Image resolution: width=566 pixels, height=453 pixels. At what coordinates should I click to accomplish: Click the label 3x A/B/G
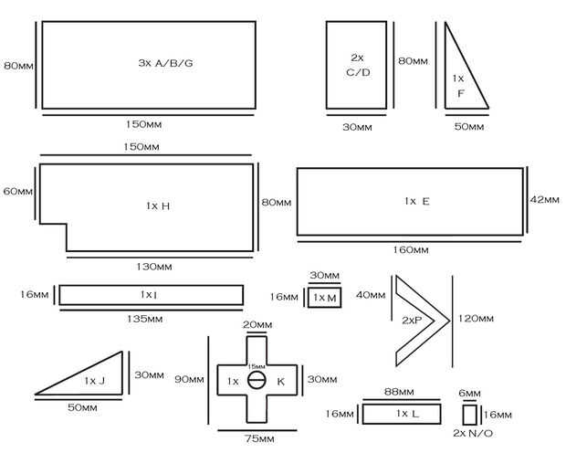(165, 63)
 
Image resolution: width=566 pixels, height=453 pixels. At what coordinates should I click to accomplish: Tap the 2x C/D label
(358, 65)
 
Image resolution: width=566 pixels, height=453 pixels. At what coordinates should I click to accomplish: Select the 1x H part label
(158, 205)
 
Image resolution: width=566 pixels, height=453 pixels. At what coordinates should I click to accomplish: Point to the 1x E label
(417, 201)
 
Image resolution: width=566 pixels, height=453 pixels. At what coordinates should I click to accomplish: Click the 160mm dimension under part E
(411, 249)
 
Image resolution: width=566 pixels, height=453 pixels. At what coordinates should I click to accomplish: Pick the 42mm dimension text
(545, 199)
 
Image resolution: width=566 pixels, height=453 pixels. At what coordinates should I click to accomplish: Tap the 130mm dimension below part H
(154, 267)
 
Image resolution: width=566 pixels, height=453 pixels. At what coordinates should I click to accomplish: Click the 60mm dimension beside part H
(17, 191)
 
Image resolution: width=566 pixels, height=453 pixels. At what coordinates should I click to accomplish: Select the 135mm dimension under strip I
(145, 319)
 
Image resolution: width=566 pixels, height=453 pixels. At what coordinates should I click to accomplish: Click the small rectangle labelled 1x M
(324, 298)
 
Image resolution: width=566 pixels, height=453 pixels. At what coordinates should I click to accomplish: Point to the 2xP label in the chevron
(412, 320)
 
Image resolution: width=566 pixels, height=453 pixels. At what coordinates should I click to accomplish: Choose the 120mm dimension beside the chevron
(476, 318)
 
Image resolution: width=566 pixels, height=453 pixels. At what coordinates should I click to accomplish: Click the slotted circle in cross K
(257, 380)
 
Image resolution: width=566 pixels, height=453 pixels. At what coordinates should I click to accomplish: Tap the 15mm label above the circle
(257, 366)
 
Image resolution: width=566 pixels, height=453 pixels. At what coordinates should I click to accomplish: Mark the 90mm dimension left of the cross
(189, 379)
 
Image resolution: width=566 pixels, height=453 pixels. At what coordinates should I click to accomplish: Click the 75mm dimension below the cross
(259, 439)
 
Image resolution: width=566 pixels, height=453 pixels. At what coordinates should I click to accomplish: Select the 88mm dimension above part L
(399, 392)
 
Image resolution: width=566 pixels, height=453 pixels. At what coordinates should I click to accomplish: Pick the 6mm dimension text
(469, 394)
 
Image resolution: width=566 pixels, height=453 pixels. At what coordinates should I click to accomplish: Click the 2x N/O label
(473, 433)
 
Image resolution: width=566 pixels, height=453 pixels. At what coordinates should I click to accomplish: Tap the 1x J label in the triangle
(95, 381)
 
